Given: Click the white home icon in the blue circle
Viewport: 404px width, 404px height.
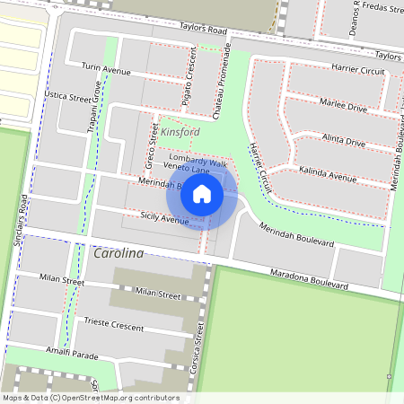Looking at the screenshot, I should pos(202,193).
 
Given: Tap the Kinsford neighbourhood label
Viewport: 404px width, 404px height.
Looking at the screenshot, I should pos(180,132).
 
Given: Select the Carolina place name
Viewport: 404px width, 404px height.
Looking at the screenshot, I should pos(119,254).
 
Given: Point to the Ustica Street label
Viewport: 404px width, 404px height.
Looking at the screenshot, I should pos(68,96).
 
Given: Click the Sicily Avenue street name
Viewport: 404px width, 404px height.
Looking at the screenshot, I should pos(164,216).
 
